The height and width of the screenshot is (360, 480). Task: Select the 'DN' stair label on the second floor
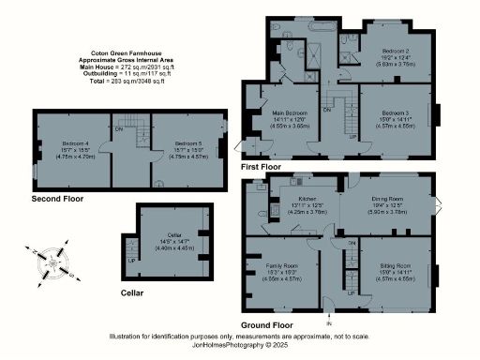tap(118, 128)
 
